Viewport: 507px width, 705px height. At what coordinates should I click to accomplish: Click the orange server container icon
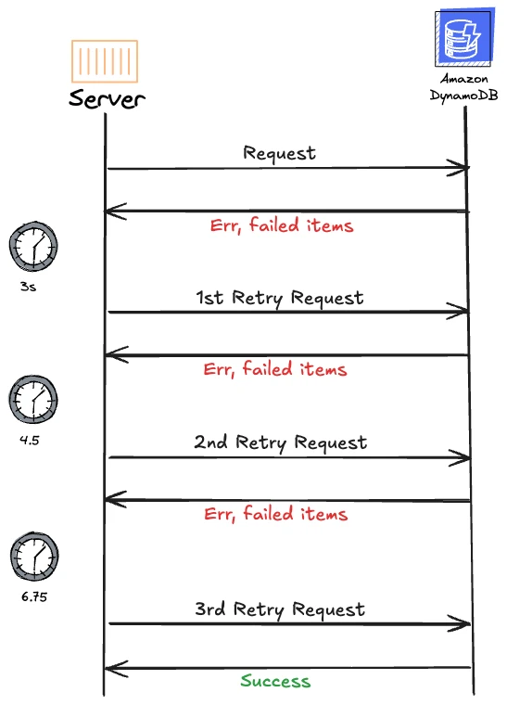105,61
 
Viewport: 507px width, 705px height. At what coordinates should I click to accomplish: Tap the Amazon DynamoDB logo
464,37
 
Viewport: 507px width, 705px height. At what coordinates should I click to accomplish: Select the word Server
107,98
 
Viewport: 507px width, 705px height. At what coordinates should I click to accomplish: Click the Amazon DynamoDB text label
463,87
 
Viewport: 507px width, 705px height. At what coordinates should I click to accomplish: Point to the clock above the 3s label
33,247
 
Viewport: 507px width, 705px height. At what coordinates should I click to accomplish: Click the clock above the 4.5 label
33,399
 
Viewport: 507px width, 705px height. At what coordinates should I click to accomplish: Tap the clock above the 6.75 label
34,557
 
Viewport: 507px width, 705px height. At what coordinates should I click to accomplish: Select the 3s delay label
28,287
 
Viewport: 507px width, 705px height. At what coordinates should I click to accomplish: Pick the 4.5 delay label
29,440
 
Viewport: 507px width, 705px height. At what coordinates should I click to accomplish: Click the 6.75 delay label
34,596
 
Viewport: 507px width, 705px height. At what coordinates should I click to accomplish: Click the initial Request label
279,153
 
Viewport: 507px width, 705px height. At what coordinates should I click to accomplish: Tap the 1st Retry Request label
280,298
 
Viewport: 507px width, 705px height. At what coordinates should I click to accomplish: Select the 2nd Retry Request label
281,442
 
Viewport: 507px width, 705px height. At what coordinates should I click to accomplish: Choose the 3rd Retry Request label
280,609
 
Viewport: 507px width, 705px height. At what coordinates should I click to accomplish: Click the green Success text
275,681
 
